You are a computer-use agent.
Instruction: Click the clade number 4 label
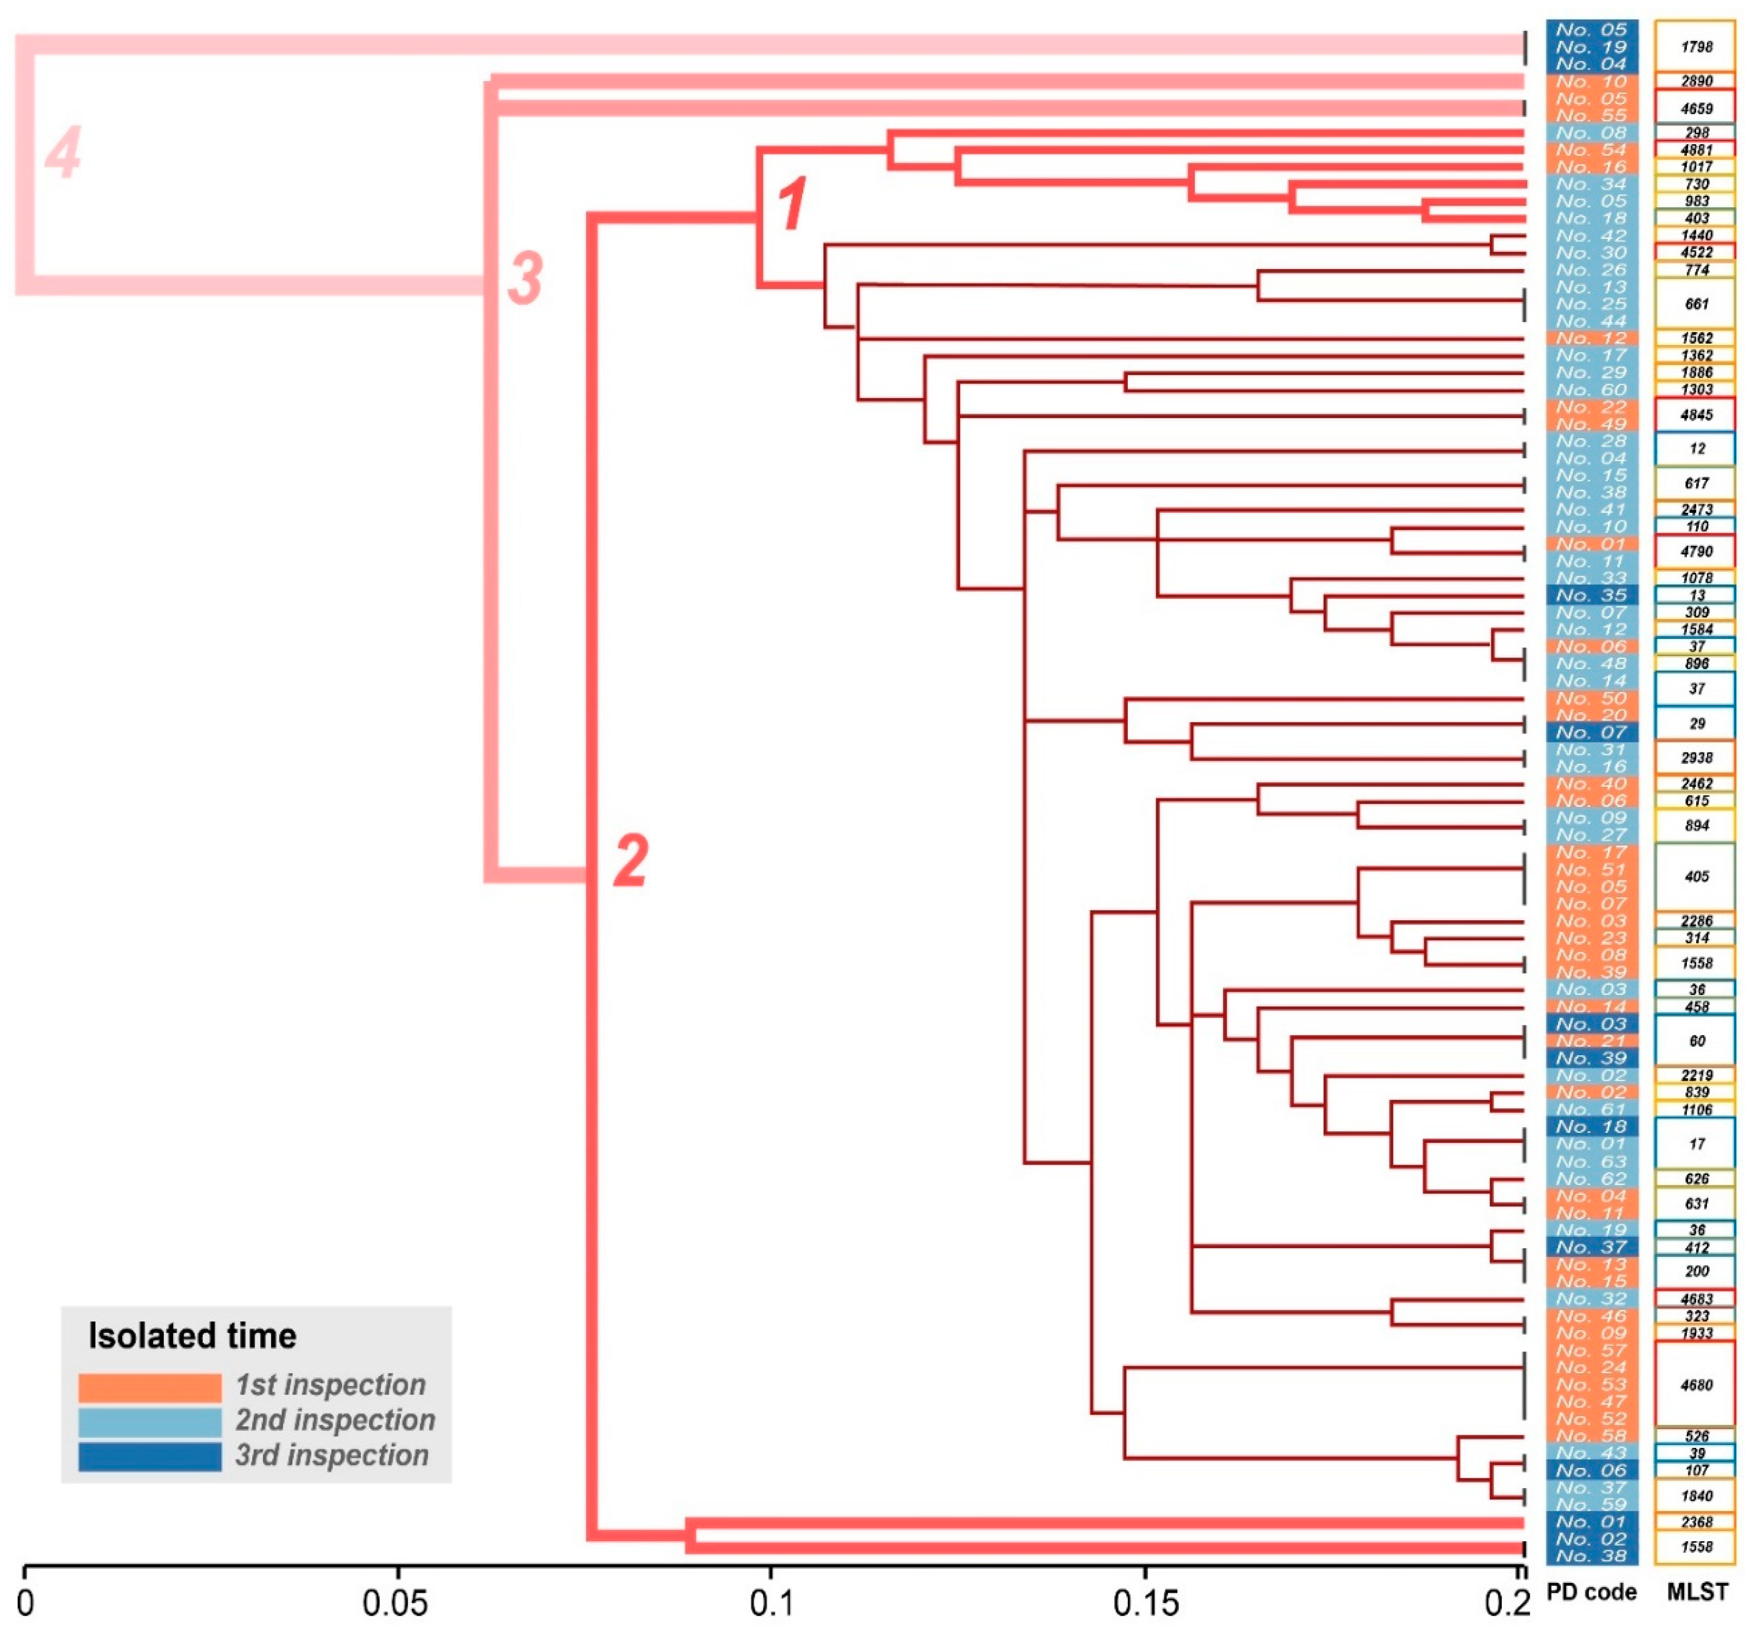pyautogui.click(x=63, y=152)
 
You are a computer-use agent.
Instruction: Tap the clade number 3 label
pyautogui.click(x=525, y=277)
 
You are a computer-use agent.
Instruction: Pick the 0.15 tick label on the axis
pyautogui.click(x=1145, y=1603)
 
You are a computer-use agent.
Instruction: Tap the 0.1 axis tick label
pyautogui.click(x=771, y=1603)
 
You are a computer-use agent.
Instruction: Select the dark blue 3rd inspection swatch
pyautogui.click(x=150, y=1456)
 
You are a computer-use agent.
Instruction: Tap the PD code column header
pyautogui.click(x=1591, y=1592)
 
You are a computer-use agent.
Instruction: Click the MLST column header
pyautogui.click(x=1697, y=1592)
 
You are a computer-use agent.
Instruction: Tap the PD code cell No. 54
pyautogui.click(x=1591, y=150)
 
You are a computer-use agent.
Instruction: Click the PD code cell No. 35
pyautogui.click(x=1591, y=595)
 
